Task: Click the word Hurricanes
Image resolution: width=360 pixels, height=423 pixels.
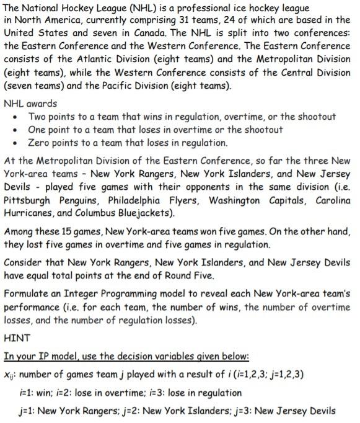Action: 29,214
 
